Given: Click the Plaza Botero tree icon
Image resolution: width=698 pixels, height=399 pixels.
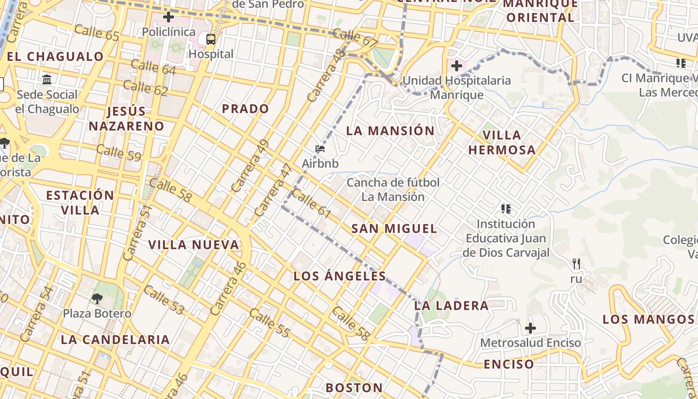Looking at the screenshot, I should click(97, 299).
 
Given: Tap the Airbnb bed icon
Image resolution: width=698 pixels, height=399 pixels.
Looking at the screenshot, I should click(320, 149).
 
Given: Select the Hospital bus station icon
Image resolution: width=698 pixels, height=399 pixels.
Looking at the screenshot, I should click(211, 39).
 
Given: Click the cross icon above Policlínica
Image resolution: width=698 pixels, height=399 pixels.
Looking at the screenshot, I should click(169, 17).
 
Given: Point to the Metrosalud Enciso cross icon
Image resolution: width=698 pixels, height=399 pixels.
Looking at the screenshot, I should click(530, 328).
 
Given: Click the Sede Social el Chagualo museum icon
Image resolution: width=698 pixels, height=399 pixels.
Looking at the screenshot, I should click(47, 80).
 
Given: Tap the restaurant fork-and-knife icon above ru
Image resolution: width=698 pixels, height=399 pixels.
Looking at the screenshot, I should click(576, 263).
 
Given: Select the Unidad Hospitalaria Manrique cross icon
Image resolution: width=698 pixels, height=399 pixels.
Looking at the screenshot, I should click(456, 65).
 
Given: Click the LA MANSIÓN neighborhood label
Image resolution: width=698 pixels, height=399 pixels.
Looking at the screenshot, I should click(390, 131).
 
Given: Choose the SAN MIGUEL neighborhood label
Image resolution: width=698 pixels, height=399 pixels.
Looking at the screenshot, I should click(394, 229).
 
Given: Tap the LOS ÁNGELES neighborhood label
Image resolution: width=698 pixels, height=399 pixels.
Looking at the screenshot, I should click(340, 276).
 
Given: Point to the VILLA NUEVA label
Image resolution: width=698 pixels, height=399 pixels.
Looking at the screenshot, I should click(193, 245).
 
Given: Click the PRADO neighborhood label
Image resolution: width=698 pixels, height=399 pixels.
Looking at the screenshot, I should click(245, 109).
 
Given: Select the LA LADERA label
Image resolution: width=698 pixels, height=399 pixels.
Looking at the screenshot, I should click(452, 306).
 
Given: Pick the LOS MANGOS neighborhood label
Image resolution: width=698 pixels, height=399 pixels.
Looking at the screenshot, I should click(648, 319).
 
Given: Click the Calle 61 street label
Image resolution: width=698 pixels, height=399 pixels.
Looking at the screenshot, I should click(311, 203).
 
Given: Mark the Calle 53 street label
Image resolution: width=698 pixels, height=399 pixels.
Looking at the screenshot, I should click(164, 300).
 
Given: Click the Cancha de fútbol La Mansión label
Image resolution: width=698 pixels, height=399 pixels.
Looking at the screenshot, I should click(393, 190).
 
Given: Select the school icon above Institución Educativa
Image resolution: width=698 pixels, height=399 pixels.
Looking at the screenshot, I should click(506, 208).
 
